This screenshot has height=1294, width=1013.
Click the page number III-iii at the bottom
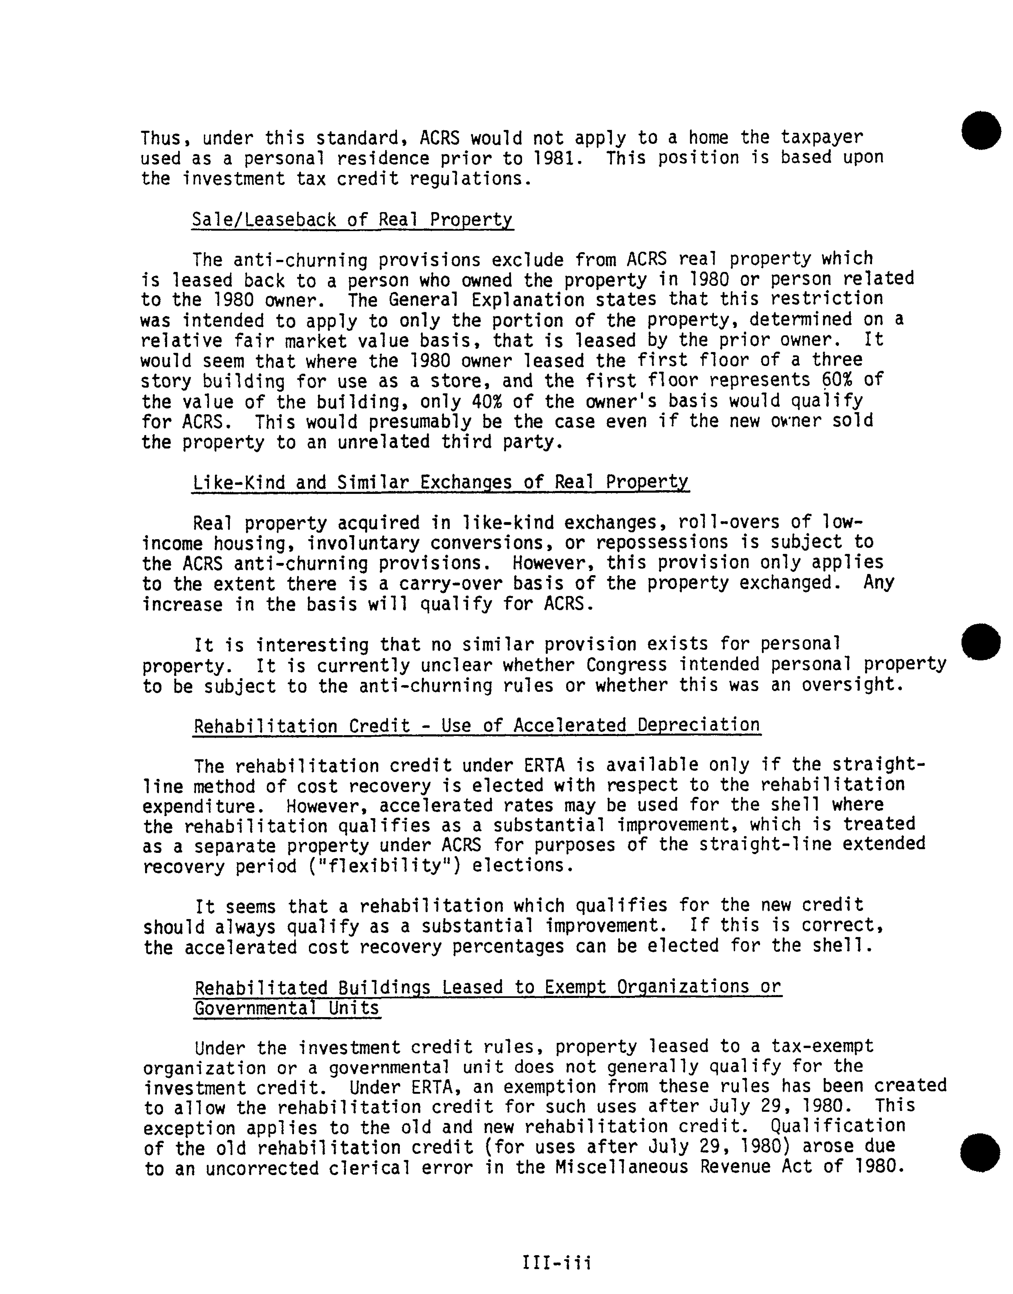point(556,1262)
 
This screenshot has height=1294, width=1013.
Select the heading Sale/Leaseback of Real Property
point(352,221)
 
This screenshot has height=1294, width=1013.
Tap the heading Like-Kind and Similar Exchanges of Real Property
point(441,482)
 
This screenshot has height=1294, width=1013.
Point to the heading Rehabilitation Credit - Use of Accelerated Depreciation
point(477,726)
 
